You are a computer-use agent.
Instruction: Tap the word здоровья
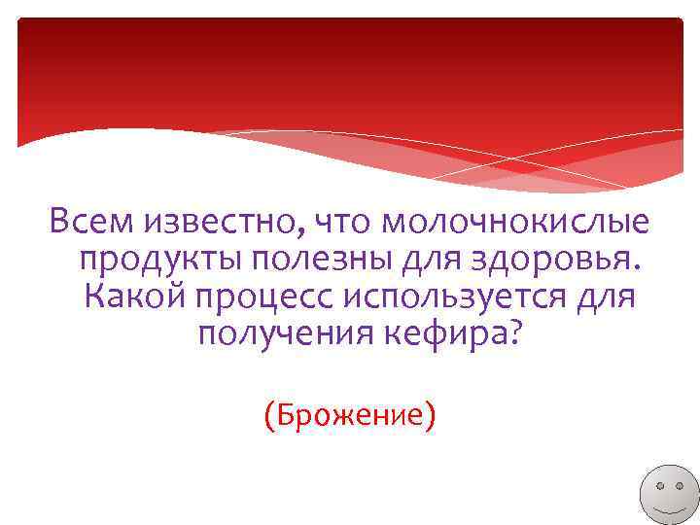pyautogui.click(x=548, y=261)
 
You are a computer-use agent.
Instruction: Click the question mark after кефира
pyautogui.click(x=513, y=334)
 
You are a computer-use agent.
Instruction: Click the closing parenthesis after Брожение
pyautogui.click(x=430, y=416)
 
